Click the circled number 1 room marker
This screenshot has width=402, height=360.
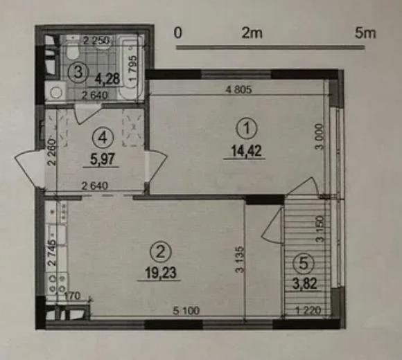coord(245,128)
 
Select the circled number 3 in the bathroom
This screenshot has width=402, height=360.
coord(80,70)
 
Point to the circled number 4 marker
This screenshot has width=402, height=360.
coord(102,137)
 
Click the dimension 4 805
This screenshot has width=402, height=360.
coord(237,89)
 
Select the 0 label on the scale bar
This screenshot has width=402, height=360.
coord(178,33)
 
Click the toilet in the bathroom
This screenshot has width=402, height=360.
coord(72,52)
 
